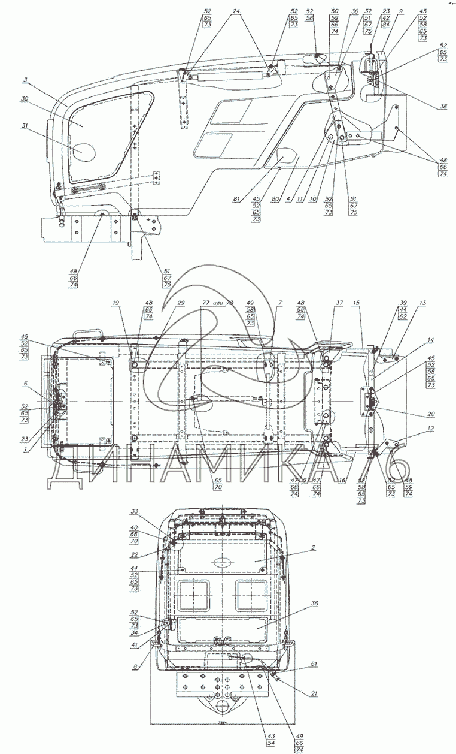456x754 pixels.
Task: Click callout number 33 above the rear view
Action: [x=135, y=511]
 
